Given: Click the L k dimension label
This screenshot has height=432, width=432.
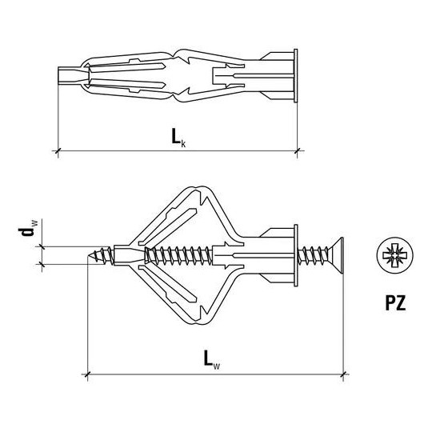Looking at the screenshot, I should pyautogui.click(x=178, y=138).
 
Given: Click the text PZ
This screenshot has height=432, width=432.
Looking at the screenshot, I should pyautogui.click(x=393, y=303).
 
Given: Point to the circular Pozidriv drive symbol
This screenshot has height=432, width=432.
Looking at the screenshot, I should pyautogui.click(x=392, y=256).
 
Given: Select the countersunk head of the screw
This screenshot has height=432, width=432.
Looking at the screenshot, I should pyautogui.click(x=336, y=255).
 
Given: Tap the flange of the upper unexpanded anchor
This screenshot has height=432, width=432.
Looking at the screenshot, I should pyautogui.click(x=295, y=78).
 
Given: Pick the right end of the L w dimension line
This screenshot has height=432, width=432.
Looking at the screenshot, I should pyautogui.click(x=344, y=373).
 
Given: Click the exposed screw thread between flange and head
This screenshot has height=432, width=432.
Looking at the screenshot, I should pyautogui.click(x=312, y=255).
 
